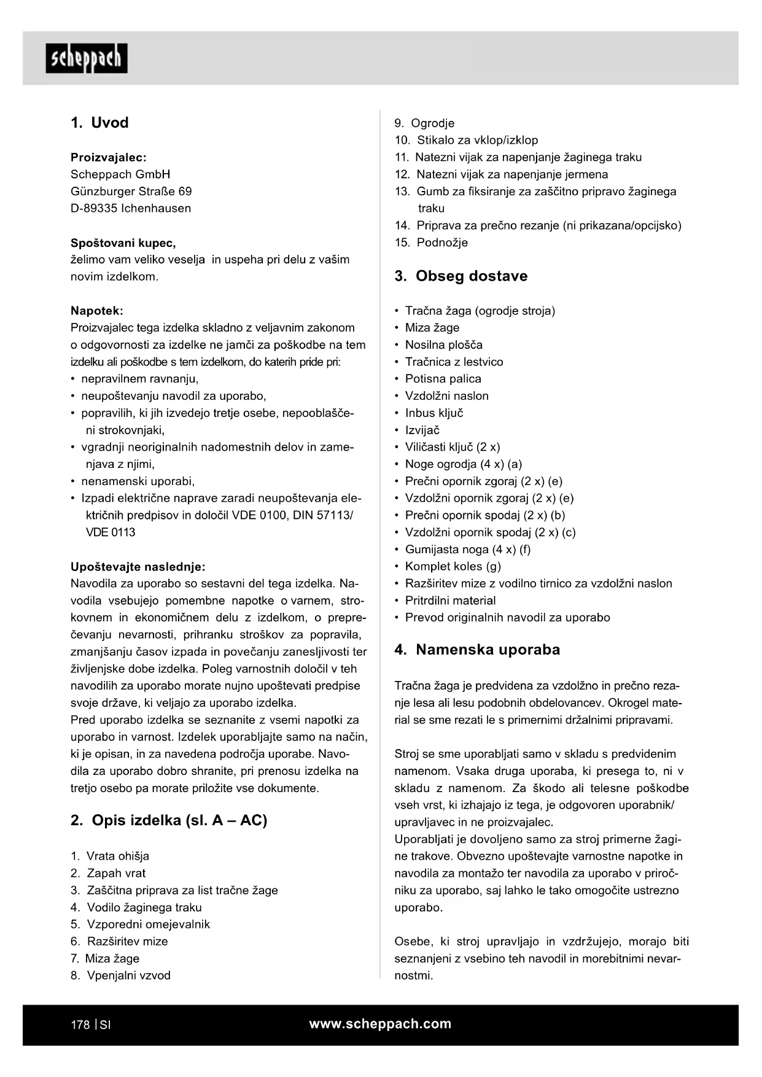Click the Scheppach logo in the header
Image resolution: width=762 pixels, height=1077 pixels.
[x=87, y=58]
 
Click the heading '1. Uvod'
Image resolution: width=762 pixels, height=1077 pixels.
[x=99, y=123]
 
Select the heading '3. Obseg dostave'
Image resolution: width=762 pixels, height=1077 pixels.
[x=461, y=276]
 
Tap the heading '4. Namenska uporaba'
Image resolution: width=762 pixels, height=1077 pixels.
[x=477, y=650]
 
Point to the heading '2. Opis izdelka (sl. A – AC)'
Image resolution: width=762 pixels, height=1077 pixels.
[x=169, y=820]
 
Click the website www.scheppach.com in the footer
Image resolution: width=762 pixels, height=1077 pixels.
[x=380, y=1024]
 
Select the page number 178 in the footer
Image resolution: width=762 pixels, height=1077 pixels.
[x=80, y=1025]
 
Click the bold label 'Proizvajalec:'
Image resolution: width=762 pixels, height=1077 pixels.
[x=109, y=157]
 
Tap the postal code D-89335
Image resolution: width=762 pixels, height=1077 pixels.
[x=94, y=208]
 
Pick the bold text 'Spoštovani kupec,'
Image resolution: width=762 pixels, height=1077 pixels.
[x=123, y=243]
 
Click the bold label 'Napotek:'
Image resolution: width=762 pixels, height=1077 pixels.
[x=97, y=311]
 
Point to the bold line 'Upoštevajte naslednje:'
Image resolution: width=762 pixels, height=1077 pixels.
[x=138, y=567]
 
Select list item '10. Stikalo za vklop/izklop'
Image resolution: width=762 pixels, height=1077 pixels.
[x=467, y=140]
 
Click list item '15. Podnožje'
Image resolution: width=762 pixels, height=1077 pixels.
[x=432, y=243]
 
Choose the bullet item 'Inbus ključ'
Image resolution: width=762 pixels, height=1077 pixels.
[x=434, y=413]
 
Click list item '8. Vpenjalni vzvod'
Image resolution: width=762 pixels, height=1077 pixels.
[x=121, y=975]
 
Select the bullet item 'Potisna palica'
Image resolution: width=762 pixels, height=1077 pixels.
[x=443, y=379]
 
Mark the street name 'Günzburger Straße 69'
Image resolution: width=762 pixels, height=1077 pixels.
[x=131, y=191]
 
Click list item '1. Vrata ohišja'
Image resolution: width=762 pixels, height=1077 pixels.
[x=110, y=856]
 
